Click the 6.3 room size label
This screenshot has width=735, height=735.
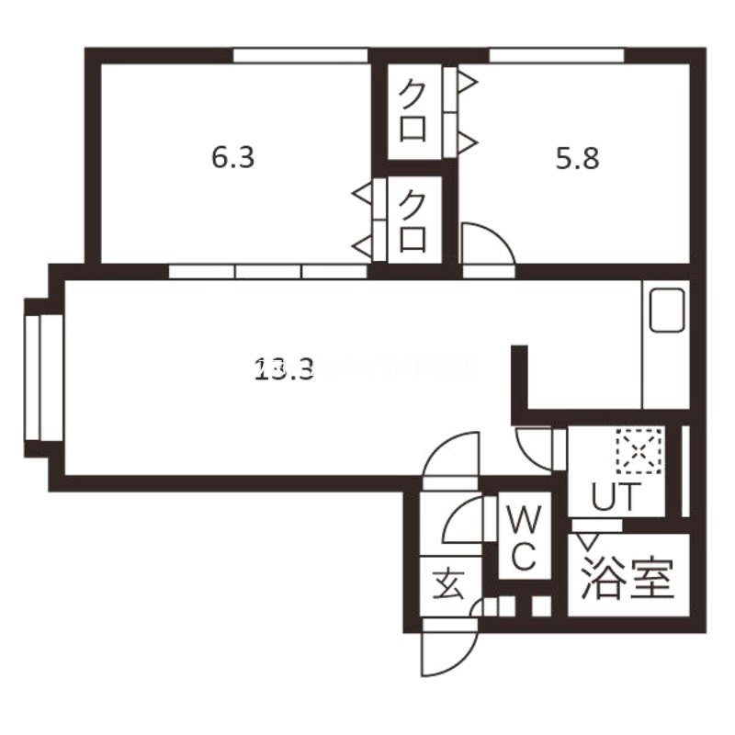[233, 158]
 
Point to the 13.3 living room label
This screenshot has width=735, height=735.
[285, 369]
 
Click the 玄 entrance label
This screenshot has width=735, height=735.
[447, 584]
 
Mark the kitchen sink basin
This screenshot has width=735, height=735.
[667, 311]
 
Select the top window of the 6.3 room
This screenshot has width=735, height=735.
[300, 56]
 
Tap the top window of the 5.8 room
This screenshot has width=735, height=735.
[557, 56]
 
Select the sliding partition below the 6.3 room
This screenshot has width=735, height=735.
[268, 272]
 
